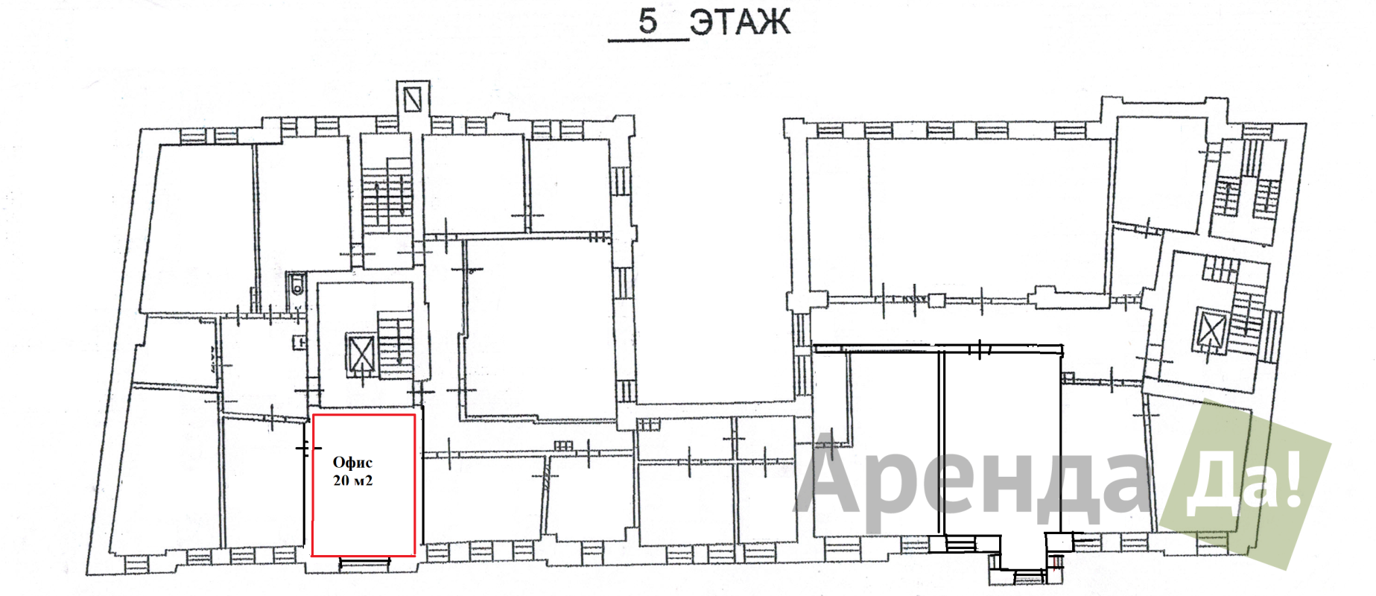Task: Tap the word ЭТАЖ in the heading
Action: coord(739,22)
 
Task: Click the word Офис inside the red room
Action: coord(352,463)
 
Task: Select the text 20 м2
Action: coord(352,481)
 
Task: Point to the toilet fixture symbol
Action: coord(297,284)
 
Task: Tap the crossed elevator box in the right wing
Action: coord(1210,330)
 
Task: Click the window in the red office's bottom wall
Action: coord(365,562)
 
